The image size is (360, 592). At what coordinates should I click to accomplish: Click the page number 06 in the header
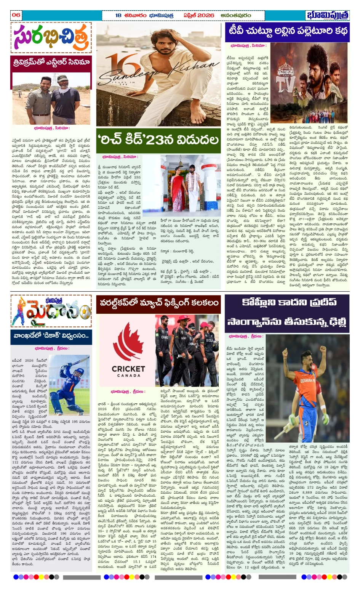(x=16, y=15)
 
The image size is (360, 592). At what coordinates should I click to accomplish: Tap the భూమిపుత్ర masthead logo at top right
(x=327, y=15)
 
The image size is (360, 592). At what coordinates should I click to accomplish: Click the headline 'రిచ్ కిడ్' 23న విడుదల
(x=158, y=140)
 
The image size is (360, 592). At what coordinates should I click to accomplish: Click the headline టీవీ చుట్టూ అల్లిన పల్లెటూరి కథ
(x=287, y=32)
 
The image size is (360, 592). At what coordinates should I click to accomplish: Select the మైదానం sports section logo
(x=51, y=311)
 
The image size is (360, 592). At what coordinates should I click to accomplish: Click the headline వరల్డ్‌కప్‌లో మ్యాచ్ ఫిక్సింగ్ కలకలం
(x=158, y=303)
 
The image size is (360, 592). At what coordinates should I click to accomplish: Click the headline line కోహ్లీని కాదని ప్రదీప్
(x=289, y=302)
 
